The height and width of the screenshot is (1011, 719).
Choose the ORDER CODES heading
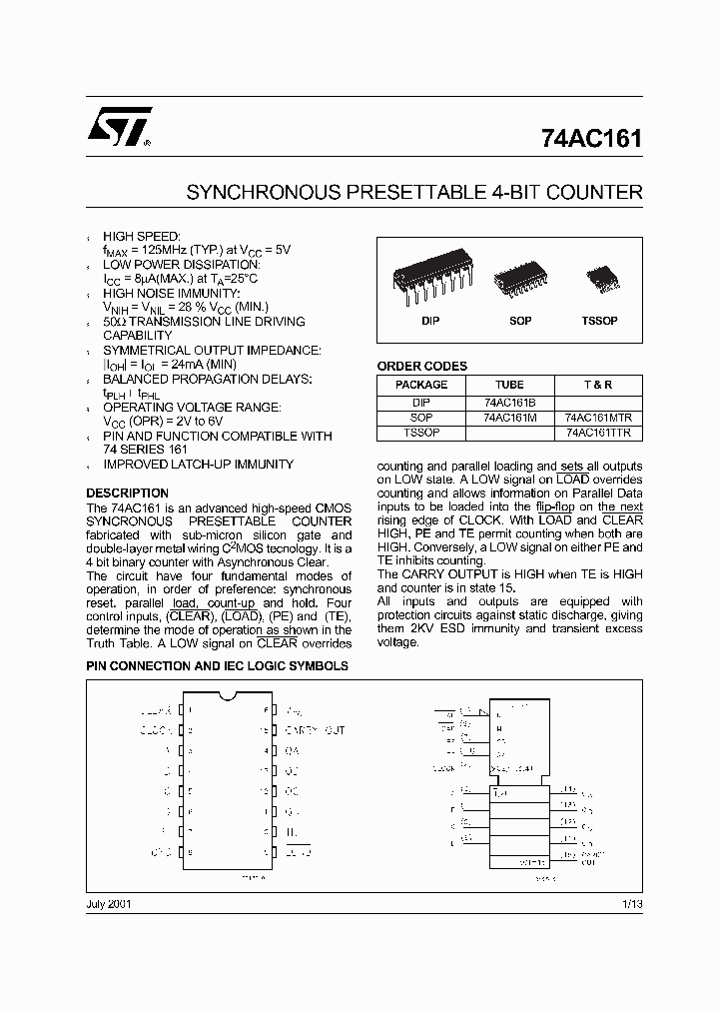(x=421, y=367)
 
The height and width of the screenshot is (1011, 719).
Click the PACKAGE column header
(x=421, y=385)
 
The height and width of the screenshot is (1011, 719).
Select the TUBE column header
(x=509, y=385)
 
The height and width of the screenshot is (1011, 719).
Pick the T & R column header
(x=598, y=385)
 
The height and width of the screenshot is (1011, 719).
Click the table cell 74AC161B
(x=509, y=402)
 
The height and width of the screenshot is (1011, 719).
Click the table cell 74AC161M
(x=509, y=418)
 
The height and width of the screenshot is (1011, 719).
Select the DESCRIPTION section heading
(x=127, y=494)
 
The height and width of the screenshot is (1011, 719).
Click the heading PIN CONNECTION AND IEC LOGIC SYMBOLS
(x=217, y=665)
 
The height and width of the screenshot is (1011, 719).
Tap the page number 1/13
(x=631, y=903)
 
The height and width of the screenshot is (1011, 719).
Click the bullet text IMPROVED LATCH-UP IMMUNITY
(x=199, y=465)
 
